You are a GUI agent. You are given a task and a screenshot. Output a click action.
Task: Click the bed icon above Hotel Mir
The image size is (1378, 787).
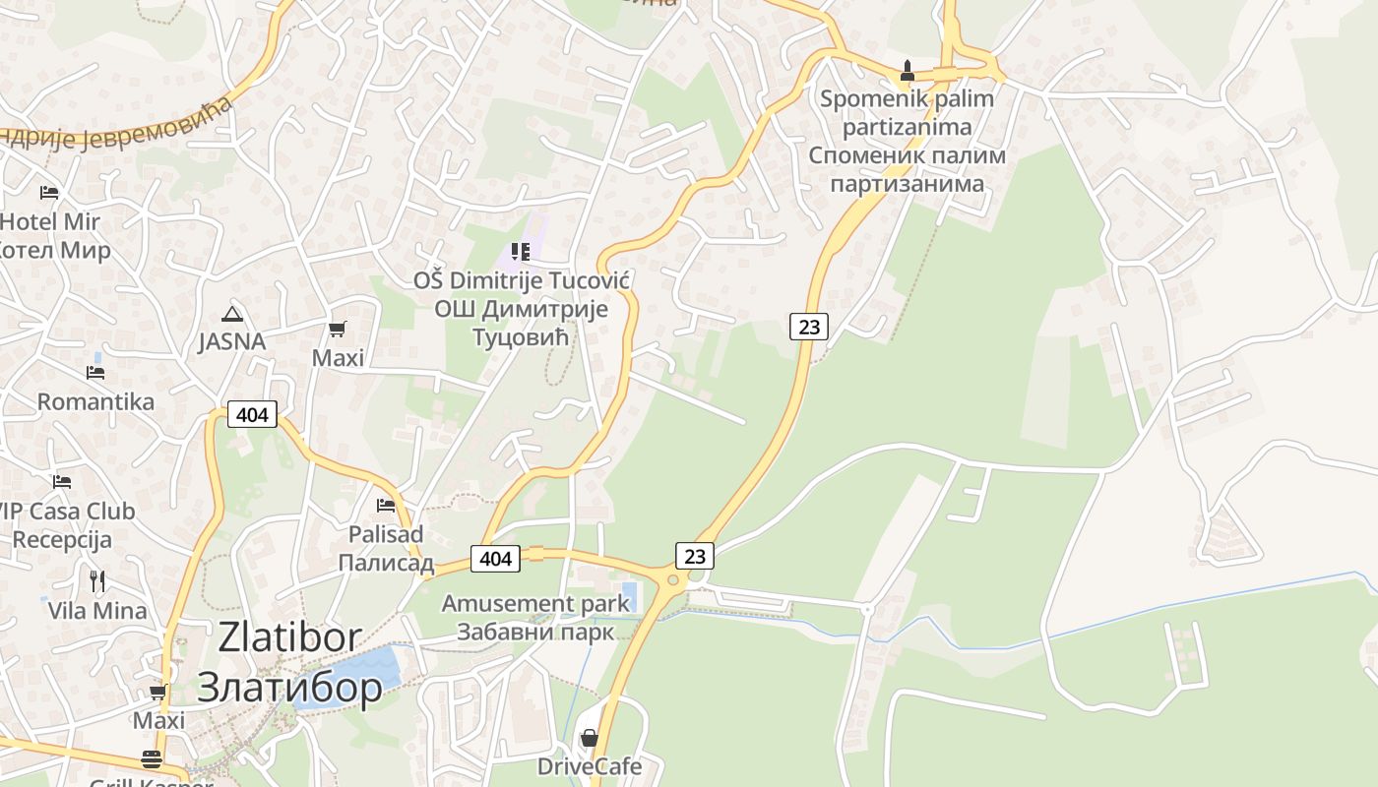(x=49, y=192)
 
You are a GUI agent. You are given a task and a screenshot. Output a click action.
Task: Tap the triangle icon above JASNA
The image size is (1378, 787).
(x=232, y=314)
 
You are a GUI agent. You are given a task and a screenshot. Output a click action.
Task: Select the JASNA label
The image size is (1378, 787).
(x=232, y=341)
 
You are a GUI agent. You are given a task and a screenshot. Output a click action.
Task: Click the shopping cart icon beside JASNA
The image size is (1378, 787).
(x=338, y=329)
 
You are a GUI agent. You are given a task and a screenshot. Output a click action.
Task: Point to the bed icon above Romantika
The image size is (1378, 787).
(x=95, y=373)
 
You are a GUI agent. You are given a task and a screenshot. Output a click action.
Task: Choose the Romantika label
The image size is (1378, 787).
(x=95, y=401)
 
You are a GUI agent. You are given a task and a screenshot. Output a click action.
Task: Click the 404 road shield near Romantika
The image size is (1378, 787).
(x=252, y=415)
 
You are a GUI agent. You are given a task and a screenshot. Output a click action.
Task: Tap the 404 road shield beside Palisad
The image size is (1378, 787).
(x=495, y=559)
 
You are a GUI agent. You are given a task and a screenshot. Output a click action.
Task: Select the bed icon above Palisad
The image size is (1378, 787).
(x=386, y=506)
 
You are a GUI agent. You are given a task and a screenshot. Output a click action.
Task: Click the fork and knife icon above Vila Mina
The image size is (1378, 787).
(x=97, y=580)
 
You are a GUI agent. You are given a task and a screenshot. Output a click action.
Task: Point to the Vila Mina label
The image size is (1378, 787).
(x=97, y=610)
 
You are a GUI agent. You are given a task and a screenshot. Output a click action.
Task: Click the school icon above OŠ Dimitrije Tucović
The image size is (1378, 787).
(x=521, y=252)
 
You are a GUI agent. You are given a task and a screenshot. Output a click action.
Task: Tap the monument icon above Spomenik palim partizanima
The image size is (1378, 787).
(x=908, y=71)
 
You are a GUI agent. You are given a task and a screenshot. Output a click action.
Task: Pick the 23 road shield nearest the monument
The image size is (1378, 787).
(x=808, y=326)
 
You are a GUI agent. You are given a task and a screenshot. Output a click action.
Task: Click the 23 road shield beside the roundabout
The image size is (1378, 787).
(x=695, y=556)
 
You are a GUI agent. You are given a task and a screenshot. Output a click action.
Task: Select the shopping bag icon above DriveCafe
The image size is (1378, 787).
(x=589, y=738)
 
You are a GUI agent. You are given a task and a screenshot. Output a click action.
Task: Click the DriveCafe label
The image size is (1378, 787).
(x=589, y=766)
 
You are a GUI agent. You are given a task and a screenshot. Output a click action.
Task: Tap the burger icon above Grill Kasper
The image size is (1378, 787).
(x=151, y=759)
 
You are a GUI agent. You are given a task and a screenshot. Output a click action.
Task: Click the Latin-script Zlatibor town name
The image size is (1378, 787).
(x=289, y=637)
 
